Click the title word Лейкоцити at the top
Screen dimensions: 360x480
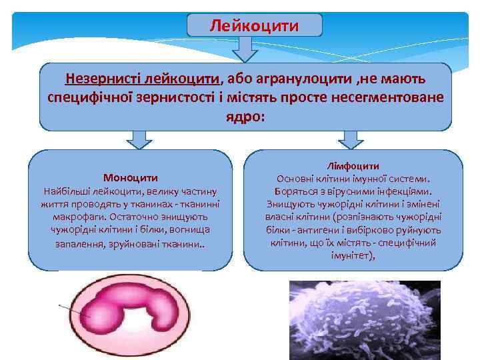(254, 25)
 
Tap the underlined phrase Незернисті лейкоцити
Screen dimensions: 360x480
(142, 79)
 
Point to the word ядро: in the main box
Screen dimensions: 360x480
(241, 116)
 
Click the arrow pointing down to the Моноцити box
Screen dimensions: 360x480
(139, 139)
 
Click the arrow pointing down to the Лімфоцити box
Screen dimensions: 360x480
(351, 139)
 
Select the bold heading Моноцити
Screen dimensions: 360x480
(131, 178)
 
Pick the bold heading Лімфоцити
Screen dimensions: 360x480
(354, 165)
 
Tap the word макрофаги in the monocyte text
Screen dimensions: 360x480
(73, 217)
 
